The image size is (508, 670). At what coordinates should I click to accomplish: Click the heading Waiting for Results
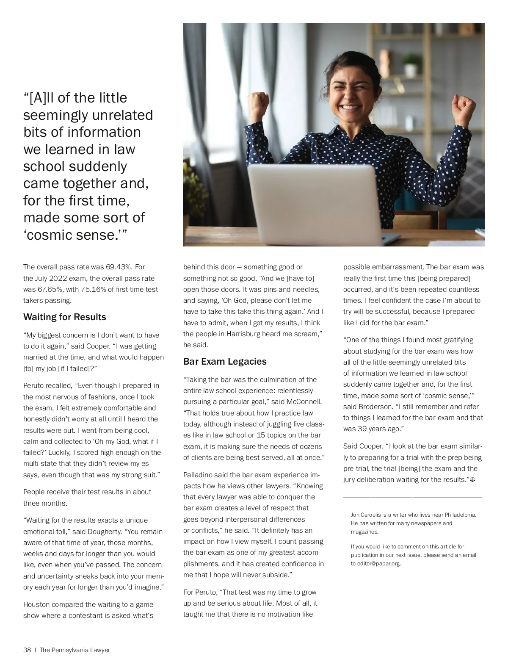tap(65, 317)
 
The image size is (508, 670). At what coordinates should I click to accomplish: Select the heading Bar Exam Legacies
tap(225, 362)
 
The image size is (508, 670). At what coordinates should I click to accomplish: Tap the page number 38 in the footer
tap(27, 650)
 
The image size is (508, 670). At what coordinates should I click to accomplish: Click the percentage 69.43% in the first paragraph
tap(119, 267)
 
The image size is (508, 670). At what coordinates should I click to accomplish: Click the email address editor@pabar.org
tap(375, 564)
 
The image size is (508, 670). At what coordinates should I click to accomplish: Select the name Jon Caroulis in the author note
tap(367, 515)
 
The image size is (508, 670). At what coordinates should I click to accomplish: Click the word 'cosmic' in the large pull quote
tap(49, 235)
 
